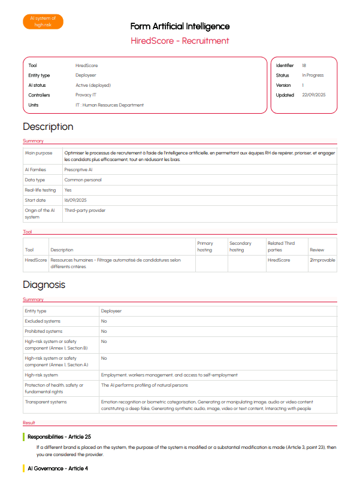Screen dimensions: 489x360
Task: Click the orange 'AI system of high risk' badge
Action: pyautogui.click(x=43, y=22)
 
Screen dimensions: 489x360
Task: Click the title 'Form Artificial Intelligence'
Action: pyautogui.click(x=180, y=26)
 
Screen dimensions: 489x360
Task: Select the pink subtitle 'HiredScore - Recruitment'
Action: pyautogui.click(x=180, y=41)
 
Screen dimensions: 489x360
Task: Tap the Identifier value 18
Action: pyautogui.click(x=304, y=65)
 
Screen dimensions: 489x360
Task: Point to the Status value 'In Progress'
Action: pyautogui.click(x=313, y=75)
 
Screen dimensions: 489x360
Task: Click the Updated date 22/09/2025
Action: pyautogui.click(x=314, y=95)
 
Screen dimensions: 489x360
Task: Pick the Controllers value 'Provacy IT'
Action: pyautogui.click(x=86, y=95)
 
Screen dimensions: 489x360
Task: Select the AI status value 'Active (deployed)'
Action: pyautogui.click(x=93, y=85)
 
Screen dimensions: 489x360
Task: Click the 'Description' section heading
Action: pyautogui.click(x=48, y=127)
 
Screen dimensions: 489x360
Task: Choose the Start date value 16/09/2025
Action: pyautogui.click(x=75, y=200)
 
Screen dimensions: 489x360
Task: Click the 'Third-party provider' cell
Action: pyautogui.click(x=84, y=211)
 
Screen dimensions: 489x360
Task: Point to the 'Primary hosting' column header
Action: pyautogui.click(x=205, y=246)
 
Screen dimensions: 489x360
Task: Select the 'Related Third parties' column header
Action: pyautogui.click(x=281, y=246)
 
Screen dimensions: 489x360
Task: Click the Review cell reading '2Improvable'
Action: pyautogui.click(x=322, y=260)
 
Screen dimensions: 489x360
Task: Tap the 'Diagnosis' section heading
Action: pyautogui.click(x=44, y=285)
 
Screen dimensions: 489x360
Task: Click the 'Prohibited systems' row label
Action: pyautogui.click(x=43, y=331)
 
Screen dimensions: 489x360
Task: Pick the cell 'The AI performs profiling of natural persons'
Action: pyautogui.click(x=144, y=385)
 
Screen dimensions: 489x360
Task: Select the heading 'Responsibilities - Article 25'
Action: pyautogui.click(x=59, y=437)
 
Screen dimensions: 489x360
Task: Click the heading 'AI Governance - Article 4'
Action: pyautogui.click(x=58, y=468)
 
